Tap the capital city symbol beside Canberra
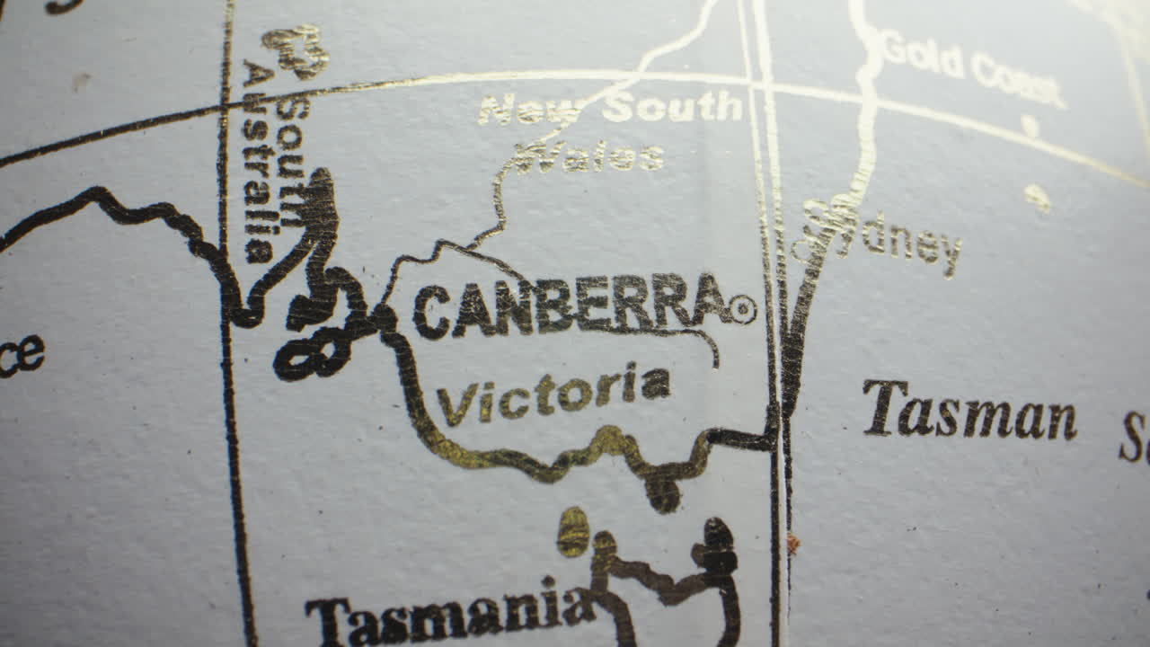tap(742, 310)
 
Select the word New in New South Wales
tap(528, 111)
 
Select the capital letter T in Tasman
tap(884, 407)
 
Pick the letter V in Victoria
tap(455, 403)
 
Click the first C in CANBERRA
tap(431, 312)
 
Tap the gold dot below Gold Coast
tap(1030, 125)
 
